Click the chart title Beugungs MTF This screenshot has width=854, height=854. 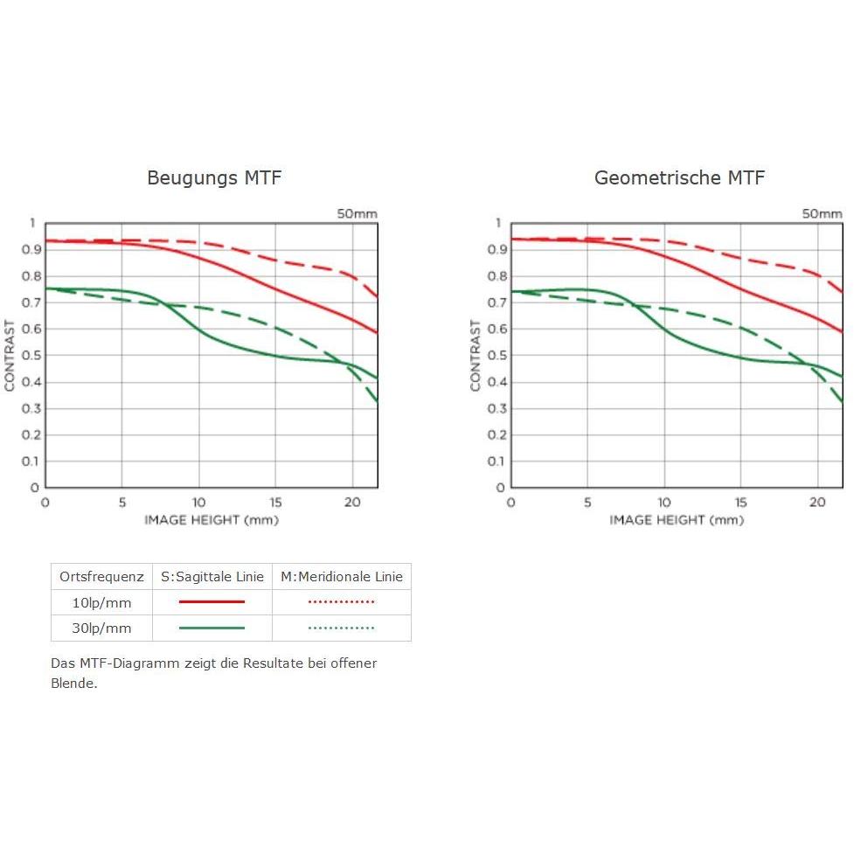[214, 178]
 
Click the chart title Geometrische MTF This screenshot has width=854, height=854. [679, 178]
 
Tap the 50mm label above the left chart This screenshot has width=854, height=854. [358, 213]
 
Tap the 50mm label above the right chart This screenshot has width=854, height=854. [823, 213]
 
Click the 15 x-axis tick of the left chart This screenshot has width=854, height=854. [275, 503]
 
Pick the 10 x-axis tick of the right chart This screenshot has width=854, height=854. [664, 503]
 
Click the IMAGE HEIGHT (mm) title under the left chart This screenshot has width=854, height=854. [212, 520]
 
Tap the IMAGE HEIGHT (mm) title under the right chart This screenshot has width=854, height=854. [677, 520]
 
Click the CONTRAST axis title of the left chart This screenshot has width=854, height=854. [10, 355]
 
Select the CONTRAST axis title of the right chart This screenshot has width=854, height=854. [476, 355]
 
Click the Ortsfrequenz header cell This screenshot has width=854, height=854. [101, 577]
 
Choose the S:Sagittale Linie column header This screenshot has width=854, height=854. [212, 577]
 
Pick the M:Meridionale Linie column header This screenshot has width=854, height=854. [342, 577]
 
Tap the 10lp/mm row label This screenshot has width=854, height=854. [101, 602]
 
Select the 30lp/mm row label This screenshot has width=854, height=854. [101, 628]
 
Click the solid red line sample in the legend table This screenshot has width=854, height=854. [212, 602]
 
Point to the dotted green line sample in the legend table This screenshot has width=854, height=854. [342, 628]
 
